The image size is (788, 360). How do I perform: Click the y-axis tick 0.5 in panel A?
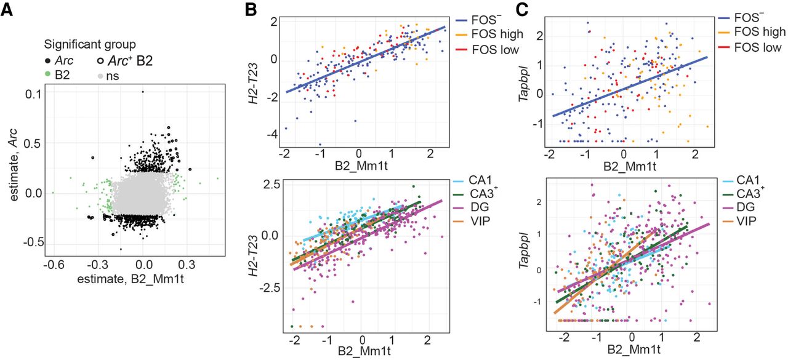pyautogui.click(x=32, y=142)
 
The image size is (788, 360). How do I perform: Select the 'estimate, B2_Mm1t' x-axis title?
pyautogui.click(x=137, y=281)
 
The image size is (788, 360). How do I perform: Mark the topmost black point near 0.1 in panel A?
pyautogui.click(x=143, y=92)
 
